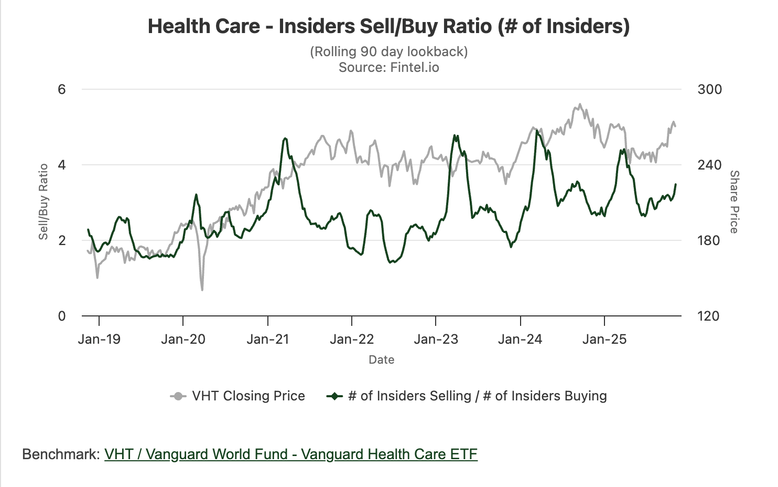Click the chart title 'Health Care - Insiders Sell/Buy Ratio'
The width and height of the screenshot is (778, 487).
[x=388, y=26]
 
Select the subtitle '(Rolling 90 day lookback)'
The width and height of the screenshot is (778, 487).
[x=388, y=51]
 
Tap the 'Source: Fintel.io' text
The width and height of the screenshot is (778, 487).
[x=388, y=67]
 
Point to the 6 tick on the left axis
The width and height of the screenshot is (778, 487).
[x=62, y=89]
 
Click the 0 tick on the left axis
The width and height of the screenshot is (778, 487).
[x=62, y=316]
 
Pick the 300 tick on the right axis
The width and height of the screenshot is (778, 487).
[x=709, y=89]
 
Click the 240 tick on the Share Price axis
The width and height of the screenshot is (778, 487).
[x=709, y=165]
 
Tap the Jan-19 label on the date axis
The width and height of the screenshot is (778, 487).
[x=99, y=339]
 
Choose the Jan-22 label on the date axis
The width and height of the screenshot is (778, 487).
[x=352, y=339]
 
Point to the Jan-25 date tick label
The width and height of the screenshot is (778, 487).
[x=604, y=339]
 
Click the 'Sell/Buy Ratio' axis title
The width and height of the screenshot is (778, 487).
[x=44, y=202]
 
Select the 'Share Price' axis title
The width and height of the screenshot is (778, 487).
[x=734, y=202]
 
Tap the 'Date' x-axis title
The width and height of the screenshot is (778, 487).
[x=381, y=359]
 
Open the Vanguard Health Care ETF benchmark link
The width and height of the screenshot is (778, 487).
[x=291, y=454]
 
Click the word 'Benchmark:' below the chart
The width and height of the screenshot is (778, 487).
[x=61, y=454]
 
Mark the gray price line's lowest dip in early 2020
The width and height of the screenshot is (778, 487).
[x=202, y=290]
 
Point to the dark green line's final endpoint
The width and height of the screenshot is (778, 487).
[x=676, y=184]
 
